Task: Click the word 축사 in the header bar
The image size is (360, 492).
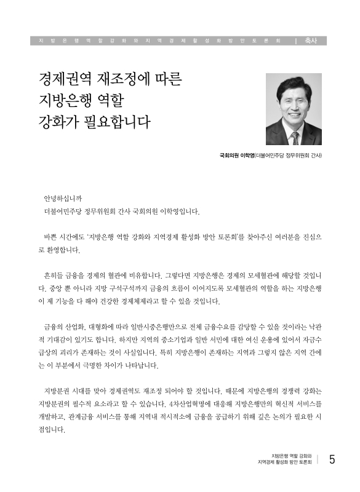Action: [311, 41]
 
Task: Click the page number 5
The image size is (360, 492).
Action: [332, 459]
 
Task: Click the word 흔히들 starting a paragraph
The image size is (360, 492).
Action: [51, 275]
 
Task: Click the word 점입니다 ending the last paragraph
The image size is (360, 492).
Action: [51, 430]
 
